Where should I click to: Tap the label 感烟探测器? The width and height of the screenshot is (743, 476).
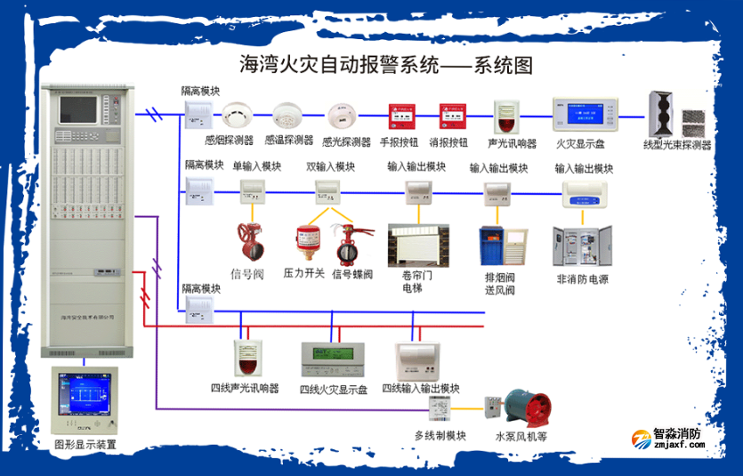(x=229, y=141)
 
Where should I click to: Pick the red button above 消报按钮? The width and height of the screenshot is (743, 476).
(x=451, y=117)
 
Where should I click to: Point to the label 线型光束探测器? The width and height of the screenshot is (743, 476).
(x=677, y=145)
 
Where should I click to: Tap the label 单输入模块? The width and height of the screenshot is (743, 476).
(x=256, y=166)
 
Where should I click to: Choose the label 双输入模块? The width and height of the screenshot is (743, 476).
(x=330, y=166)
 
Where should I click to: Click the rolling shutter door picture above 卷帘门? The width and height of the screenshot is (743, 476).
(x=418, y=246)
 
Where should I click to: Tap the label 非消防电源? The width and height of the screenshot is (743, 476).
(x=582, y=278)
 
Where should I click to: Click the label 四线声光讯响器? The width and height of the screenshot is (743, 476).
(x=245, y=388)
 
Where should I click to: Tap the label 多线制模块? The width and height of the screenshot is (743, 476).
(x=440, y=435)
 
